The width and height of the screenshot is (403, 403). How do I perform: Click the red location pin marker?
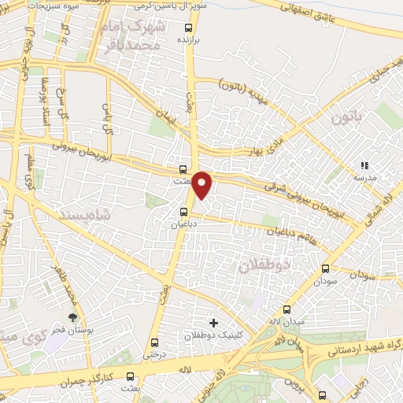(202, 184)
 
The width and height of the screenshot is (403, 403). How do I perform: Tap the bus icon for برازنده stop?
(183, 24)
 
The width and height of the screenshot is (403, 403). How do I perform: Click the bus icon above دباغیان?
(183, 211)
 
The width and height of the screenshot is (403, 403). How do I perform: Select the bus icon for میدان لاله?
(286, 309)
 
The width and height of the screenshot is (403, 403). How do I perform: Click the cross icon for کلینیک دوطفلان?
(213, 323)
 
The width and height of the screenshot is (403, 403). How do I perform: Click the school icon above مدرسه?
(364, 166)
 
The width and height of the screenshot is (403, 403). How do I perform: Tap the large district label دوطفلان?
(264, 266)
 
